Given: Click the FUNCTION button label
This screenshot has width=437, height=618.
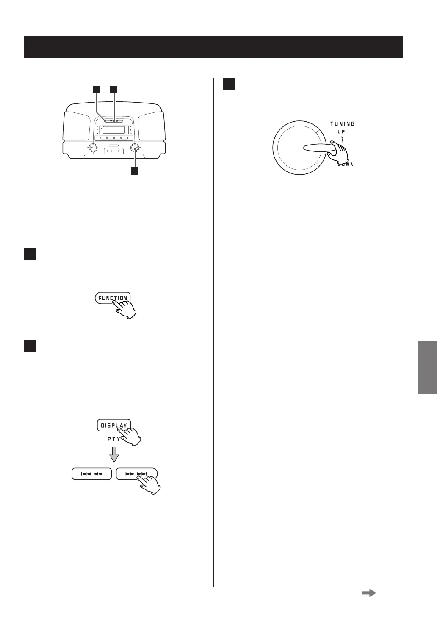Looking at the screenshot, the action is (x=113, y=298).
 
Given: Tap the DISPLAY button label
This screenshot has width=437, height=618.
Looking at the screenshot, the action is (x=113, y=425).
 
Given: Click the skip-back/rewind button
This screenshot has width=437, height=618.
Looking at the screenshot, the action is (x=91, y=474).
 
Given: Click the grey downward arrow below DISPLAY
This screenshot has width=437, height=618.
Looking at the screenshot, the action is (x=113, y=455).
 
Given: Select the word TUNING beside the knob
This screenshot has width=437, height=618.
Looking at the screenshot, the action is (x=342, y=124).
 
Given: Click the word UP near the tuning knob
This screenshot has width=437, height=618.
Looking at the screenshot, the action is (x=341, y=131).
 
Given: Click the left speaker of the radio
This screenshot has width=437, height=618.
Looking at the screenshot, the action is (x=76, y=126).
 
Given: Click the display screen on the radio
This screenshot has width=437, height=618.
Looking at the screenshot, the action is (x=113, y=129).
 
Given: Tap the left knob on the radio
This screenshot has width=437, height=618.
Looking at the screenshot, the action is (x=92, y=148).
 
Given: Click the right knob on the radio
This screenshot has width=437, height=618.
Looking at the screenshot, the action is (x=135, y=148).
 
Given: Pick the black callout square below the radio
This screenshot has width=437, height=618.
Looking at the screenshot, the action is (x=135, y=171).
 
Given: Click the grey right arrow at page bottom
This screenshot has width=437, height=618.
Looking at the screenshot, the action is (x=368, y=593).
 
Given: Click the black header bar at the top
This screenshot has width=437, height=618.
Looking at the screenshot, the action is (x=213, y=47).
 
